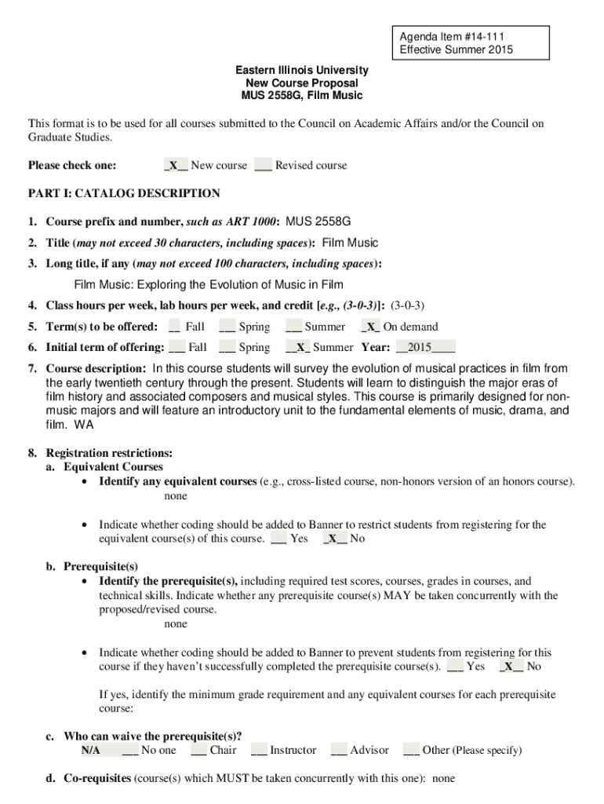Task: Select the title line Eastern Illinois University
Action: [x=302, y=71]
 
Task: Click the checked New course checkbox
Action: [x=176, y=166]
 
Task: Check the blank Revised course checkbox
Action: [x=263, y=166]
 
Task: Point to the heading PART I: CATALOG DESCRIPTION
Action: [x=124, y=193]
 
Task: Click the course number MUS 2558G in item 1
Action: [x=318, y=221]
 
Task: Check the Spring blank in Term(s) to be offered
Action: [x=227, y=327]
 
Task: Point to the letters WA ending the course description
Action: [x=83, y=425]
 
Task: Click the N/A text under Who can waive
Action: [x=90, y=751]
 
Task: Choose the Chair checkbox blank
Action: [x=198, y=751]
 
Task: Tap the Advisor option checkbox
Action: [x=339, y=751]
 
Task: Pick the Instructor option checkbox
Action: [x=259, y=751]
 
